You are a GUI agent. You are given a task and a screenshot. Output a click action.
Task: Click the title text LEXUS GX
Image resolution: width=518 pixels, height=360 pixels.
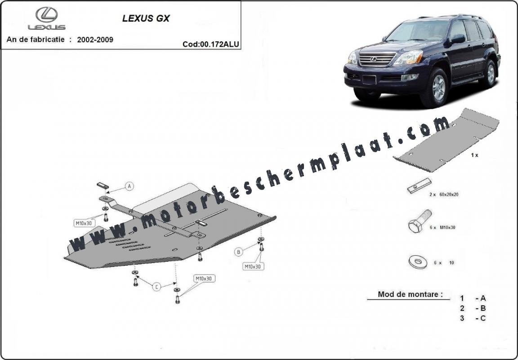click(x=146, y=18)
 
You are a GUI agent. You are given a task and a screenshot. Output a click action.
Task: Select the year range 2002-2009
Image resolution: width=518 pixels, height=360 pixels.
click(x=95, y=40)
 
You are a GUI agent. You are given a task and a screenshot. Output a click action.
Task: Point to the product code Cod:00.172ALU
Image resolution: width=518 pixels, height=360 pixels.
click(x=211, y=44)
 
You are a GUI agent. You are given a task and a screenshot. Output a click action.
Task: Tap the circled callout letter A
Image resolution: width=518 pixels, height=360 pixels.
click(x=129, y=186)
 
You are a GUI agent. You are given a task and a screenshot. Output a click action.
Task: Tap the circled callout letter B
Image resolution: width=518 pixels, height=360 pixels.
click(x=238, y=252)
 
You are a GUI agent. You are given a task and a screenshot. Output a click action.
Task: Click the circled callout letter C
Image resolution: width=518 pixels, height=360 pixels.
click(x=156, y=287)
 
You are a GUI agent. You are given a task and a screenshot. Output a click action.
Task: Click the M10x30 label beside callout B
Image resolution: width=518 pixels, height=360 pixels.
click(x=254, y=266)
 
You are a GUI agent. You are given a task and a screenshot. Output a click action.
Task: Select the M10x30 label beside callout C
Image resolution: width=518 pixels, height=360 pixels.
click(x=204, y=279)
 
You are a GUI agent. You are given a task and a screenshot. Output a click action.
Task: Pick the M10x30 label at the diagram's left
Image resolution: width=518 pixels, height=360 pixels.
click(x=84, y=223)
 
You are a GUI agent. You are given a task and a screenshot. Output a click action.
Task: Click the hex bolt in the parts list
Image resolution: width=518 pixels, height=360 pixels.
click(x=420, y=221)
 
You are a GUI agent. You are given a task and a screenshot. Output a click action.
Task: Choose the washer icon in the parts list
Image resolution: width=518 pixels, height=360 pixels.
click(x=418, y=262)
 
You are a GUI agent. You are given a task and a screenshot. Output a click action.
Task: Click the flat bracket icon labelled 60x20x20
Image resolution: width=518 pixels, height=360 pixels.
click(x=419, y=186)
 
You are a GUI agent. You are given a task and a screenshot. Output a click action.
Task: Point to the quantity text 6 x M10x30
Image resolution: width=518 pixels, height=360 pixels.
click(x=442, y=227)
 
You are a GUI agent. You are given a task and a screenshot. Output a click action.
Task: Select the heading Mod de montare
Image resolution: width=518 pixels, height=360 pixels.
click(x=410, y=294)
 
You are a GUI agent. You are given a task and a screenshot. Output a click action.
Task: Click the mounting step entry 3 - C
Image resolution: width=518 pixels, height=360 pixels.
click(x=473, y=318)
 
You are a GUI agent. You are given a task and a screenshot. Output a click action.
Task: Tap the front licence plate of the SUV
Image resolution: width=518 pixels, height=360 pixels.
click(x=369, y=80)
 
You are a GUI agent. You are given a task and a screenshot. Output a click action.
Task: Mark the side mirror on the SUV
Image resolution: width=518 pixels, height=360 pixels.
click(x=458, y=39)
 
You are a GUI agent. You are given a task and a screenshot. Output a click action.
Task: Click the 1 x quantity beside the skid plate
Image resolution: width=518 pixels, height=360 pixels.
click(x=474, y=155)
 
